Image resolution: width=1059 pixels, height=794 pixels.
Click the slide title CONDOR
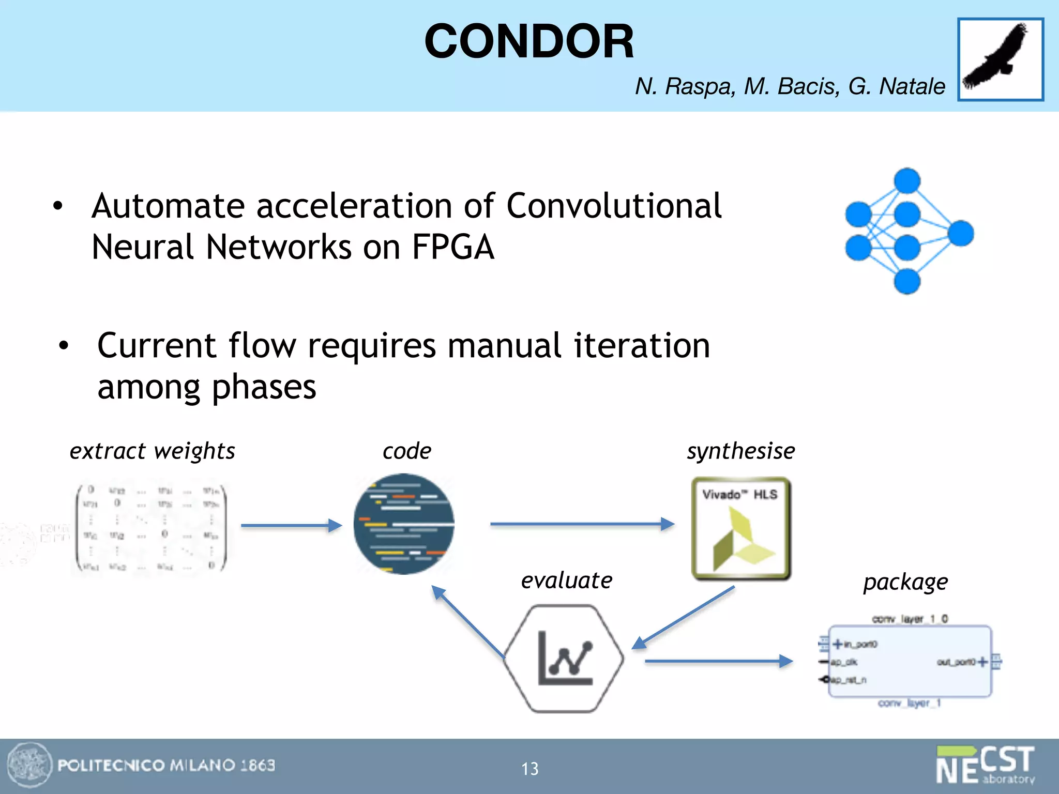pos(528,41)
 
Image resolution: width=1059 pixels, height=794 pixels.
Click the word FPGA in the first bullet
pos(452,247)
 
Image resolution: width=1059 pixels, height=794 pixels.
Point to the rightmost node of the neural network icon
pos(961,233)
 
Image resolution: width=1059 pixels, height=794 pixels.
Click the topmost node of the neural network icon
pos(907,181)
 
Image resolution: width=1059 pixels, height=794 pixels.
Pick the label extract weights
pos(152,451)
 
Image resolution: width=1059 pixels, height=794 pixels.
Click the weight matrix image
pos(151,527)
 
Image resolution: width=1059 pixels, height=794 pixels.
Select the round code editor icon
pos(404,524)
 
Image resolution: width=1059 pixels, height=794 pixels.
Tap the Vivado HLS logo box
pos(741,528)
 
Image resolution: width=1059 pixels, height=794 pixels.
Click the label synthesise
pos(740,451)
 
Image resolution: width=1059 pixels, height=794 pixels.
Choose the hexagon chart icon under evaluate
pos(564,659)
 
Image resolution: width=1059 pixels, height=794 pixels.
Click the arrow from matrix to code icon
pos(291,526)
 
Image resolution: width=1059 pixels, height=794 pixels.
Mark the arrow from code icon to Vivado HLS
pos(582,524)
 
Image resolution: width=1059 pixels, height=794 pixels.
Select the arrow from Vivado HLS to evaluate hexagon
pos(684,617)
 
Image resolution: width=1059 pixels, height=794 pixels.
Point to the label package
pos(905,582)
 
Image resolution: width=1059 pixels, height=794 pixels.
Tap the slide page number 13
pos(529,769)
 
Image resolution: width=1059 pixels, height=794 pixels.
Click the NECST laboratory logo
pos(985,765)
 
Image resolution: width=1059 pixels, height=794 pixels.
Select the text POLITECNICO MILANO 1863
pos(166,765)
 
